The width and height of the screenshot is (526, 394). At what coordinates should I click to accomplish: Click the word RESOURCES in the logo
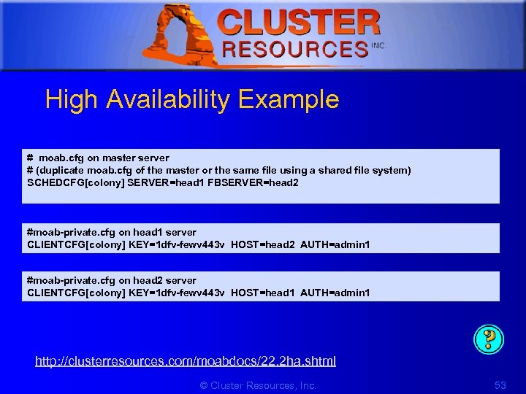296,50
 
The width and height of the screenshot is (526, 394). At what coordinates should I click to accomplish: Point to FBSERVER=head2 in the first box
254,183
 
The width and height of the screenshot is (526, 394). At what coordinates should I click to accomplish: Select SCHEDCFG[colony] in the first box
75,183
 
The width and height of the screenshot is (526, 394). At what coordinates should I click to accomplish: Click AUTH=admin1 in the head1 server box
335,244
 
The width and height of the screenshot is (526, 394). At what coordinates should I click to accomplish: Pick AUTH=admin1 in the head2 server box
335,293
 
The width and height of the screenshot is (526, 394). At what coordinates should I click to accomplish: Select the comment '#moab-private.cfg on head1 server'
112,232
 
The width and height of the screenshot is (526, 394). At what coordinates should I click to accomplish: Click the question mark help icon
489,338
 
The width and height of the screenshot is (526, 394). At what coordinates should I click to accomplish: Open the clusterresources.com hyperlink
186,360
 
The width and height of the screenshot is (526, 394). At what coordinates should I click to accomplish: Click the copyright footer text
258,385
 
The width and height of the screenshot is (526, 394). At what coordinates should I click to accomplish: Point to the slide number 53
500,385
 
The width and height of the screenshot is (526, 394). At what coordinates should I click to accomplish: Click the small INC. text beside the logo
378,45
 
